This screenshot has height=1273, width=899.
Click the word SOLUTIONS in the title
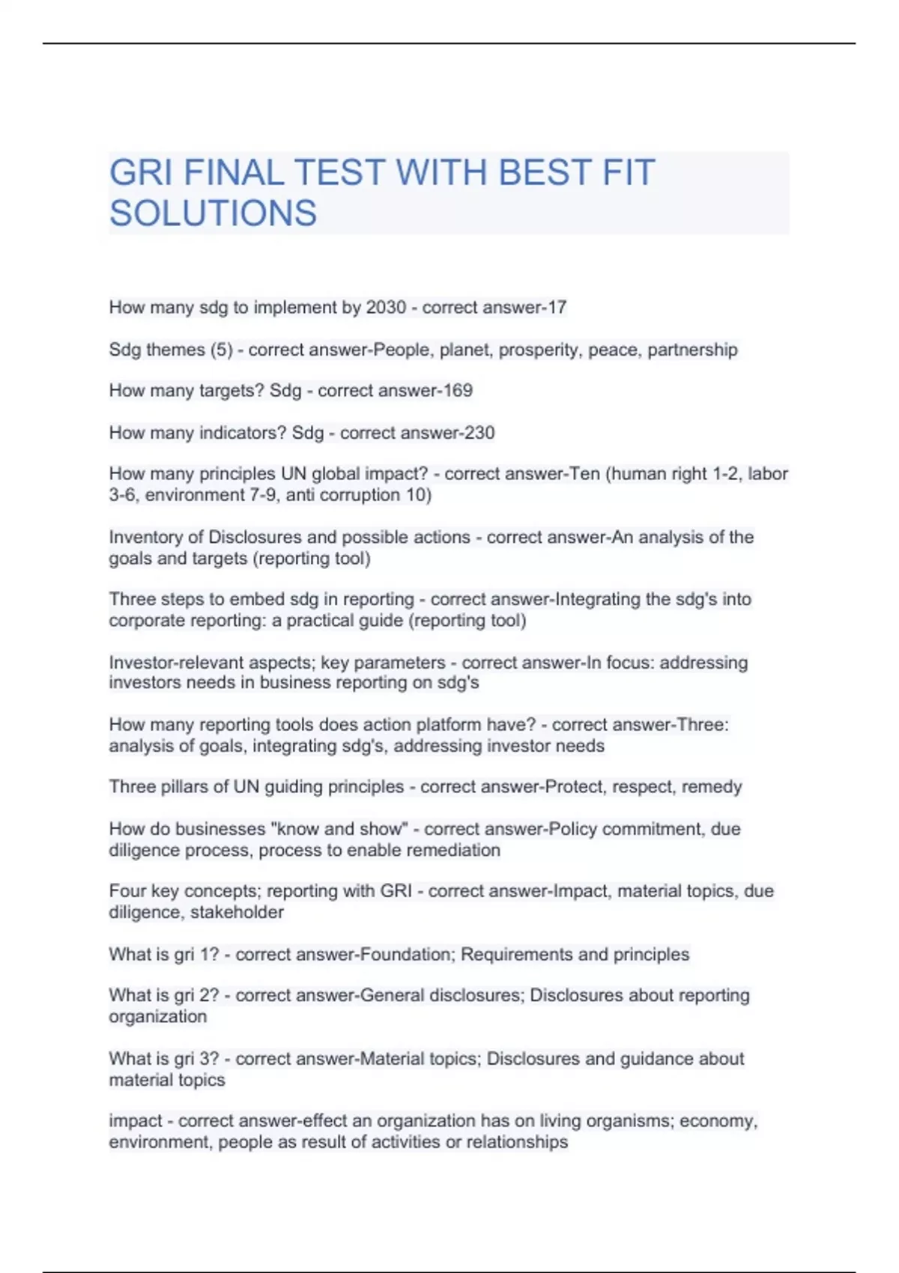point(213,213)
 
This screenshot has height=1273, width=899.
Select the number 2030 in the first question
point(386,308)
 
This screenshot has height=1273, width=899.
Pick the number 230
point(479,433)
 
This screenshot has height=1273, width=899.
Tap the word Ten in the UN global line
point(585,474)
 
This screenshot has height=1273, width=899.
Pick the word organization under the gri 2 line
point(157,1017)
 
